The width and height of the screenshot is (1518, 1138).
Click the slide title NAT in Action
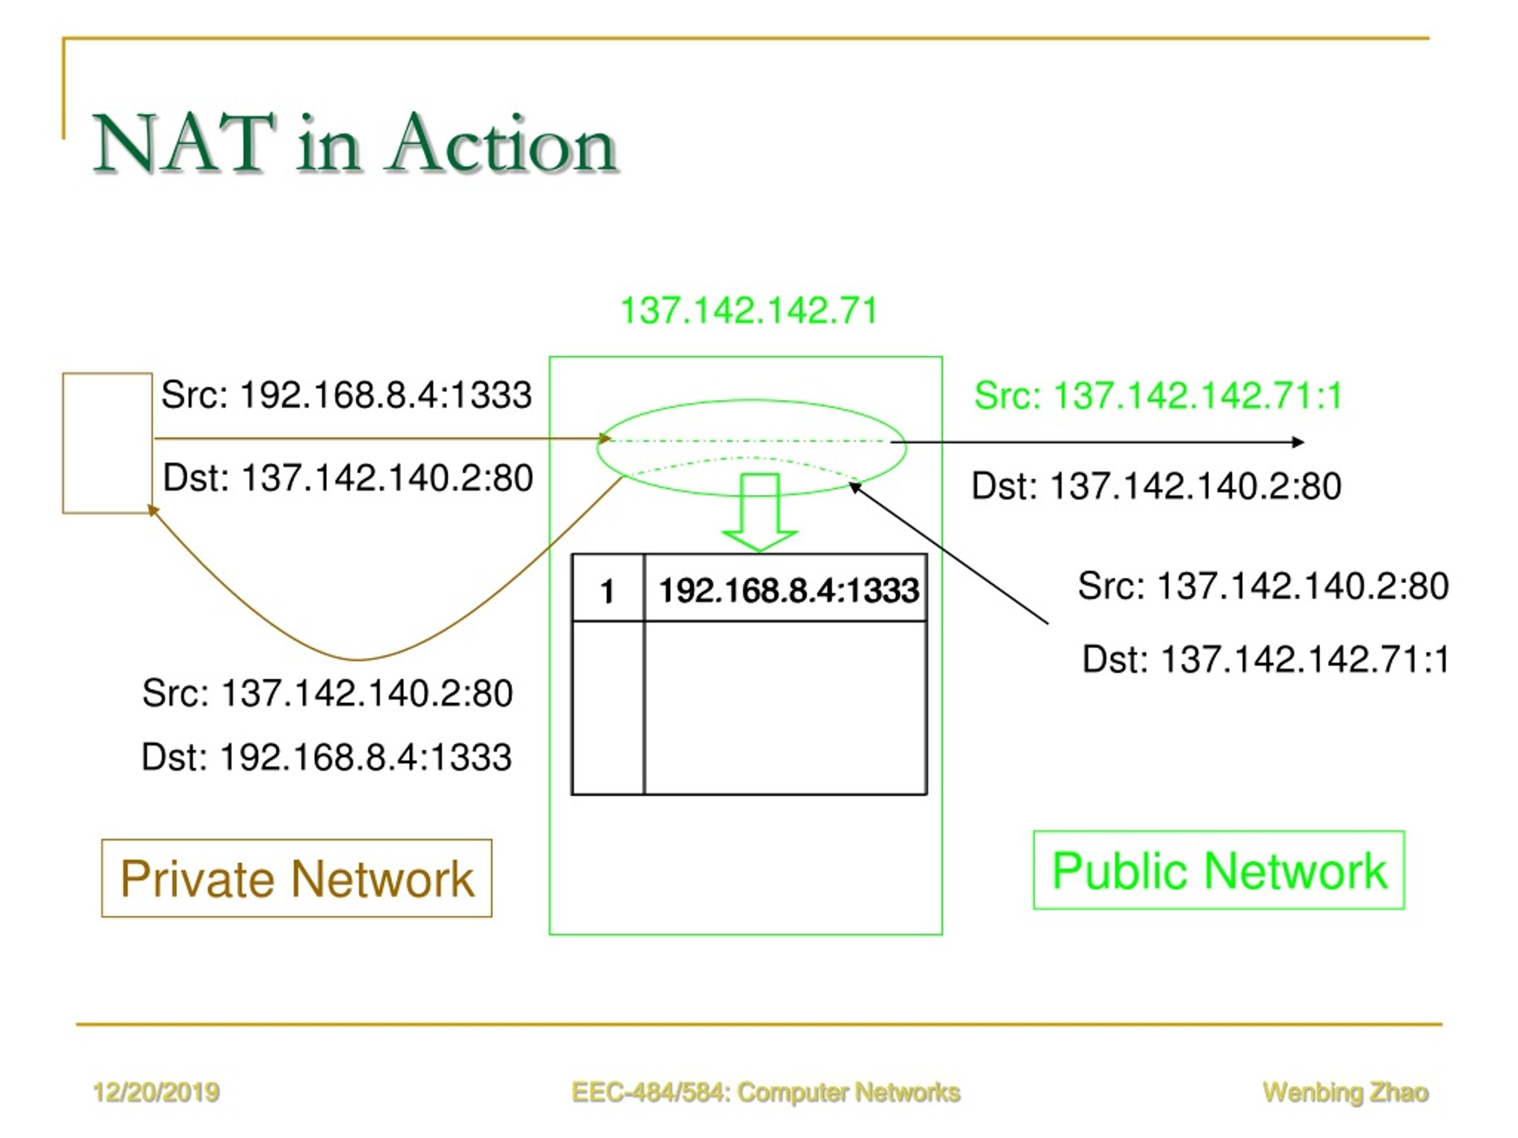pyautogui.click(x=355, y=143)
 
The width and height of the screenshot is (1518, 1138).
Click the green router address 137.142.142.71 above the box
pyautogui.click(x=749, y=311)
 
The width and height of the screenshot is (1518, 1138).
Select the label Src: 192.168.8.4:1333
pyautogui.click(x=346, y=395)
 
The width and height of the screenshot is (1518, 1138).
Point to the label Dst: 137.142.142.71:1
pyautogui.click(x=1265, y=659)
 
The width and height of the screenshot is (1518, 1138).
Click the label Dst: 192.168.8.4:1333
pyautogui.click(x=327, y=757)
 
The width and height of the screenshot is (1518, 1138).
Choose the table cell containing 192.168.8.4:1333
pyautogui.click(x=786, y=589)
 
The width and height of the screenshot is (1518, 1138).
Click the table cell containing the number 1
pyautogui.click(x=608, y=589)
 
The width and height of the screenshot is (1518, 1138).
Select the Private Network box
pyautogui.click(x=296, y=878)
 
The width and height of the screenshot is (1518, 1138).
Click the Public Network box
pyautogui.click(x=1219, y=871)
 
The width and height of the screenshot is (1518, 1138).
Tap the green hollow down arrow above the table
pyautogui.click(x=760, y=512)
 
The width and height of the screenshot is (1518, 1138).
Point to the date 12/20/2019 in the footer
pyautogui.click(x=156, y=1092)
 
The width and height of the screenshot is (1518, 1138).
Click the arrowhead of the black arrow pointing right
pyautogui.click(x=1297, y=442)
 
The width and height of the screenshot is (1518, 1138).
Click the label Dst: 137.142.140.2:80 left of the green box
pyautogui.click(x=348, y=478)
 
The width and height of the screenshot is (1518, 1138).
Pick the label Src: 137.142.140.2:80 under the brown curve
pyautogui.click(x=327, y=693)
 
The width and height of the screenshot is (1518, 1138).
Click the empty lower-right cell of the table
pyautogui.click(x=786, y=708)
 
